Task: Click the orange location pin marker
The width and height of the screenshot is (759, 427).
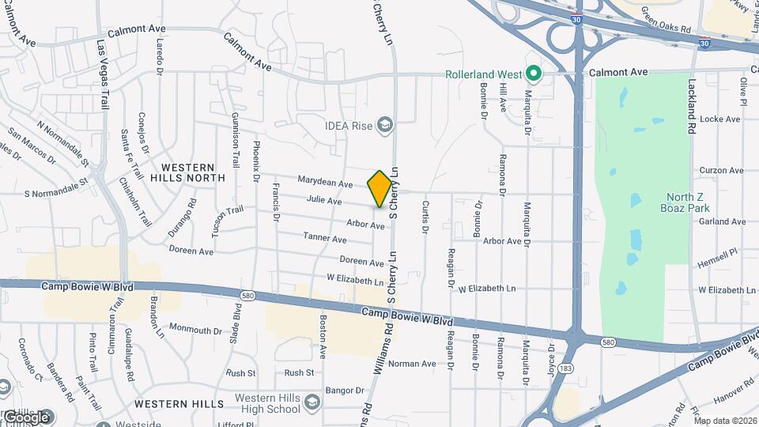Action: [380, 189]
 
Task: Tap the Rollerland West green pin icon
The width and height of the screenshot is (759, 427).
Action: [534, 74]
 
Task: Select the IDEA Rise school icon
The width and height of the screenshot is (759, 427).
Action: [384, 125]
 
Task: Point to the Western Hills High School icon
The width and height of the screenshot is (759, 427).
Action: [312, 403]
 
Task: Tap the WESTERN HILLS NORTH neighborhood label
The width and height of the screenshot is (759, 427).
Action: [187, 172]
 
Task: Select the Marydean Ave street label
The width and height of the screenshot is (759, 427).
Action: [325, 183]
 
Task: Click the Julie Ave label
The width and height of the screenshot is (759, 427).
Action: [324, 202]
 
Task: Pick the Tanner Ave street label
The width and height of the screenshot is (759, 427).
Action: [325, 238]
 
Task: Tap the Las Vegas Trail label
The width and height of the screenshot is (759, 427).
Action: [102, 74]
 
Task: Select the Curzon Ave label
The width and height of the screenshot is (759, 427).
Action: [721, 170]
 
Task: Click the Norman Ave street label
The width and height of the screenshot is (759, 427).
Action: [412, 364]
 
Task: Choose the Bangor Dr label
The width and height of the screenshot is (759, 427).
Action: [343, 391]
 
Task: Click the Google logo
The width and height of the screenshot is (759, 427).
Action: [26, 417]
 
